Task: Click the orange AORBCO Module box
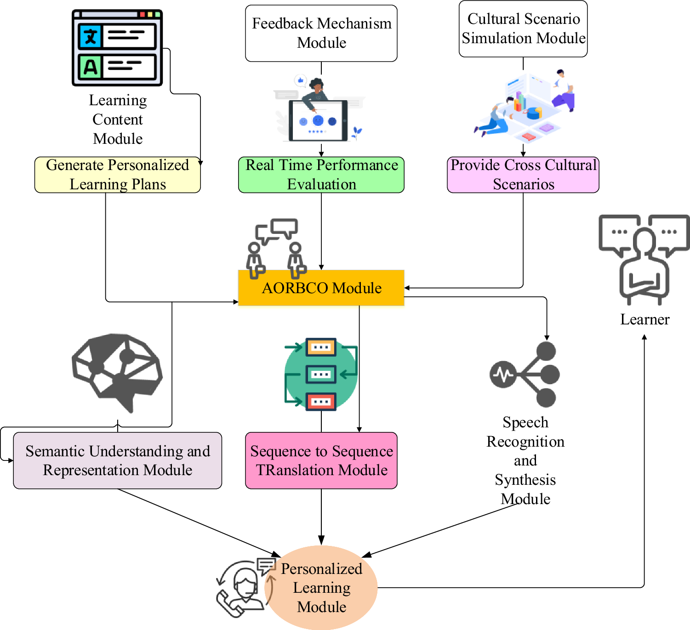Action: tap(321, 288)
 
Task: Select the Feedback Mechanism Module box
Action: tap(321, 33)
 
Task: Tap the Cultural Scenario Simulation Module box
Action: tap(523, 28)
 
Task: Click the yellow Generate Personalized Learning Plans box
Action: tap(117, 175)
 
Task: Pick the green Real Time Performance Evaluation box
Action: tap(321, 175)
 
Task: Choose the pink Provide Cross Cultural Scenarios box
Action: tap(523, 175)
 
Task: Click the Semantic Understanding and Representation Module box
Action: tap(117, 460)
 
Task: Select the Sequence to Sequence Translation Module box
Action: tap(321, 460)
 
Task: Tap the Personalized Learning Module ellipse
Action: tap(321, 588)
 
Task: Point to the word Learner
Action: tap(644, 319)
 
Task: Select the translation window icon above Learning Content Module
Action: tap(117, 48)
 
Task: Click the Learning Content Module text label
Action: tap(118, 119)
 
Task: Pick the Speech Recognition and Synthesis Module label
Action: tap(525, 460)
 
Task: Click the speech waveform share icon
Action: tap(525, 375)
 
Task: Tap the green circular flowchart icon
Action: tap(321, 375)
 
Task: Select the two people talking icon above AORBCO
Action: tap(276, 248)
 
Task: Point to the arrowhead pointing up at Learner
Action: tap(644, 337)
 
